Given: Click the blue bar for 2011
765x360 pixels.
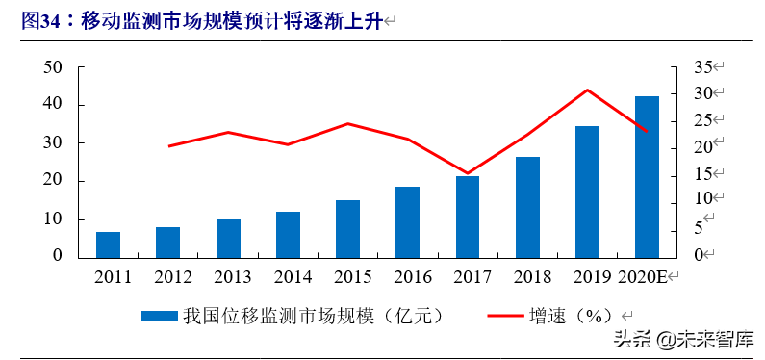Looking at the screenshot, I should pos(108,244).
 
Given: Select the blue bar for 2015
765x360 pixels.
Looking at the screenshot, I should pos(347,228).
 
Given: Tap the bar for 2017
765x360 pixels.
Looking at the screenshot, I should pos(468,217).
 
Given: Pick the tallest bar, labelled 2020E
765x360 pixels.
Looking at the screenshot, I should pos(647,176).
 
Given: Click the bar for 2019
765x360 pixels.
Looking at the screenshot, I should pos(587,192).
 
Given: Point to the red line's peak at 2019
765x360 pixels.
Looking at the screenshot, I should pos(587,90).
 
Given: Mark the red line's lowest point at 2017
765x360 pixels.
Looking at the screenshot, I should pos(468,173).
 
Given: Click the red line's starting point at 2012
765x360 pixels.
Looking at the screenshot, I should pos(168,146).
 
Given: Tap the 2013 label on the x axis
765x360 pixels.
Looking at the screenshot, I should pos(228,277).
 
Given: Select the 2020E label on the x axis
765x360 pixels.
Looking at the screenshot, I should pos(643,277).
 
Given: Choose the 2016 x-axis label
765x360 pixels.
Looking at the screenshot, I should pos(408,277).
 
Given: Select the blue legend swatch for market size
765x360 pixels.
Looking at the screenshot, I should pos(159,315).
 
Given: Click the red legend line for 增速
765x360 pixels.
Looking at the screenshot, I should pos(506,315).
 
